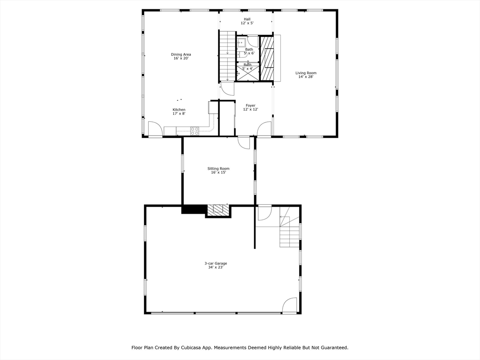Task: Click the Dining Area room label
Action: click(x=181, y=57)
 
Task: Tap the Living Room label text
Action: click(x=306, y=75)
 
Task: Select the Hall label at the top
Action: click(x=247, y=21)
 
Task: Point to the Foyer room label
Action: click(x=250, y=107)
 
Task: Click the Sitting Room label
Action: click(x=218, y=171)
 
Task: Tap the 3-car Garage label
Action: click(x=216, y=265)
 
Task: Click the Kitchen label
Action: click(x=179, y=112)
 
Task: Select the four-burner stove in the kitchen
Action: click(x=195, y=131)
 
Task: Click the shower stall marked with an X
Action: click(x=247, y=73)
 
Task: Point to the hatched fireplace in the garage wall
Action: click(x=218, y=210)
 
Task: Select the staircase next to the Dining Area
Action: click(x=227, y=56)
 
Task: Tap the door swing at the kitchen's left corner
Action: click(x=155, y=129)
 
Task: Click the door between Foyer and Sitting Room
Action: click(x=244, y=142)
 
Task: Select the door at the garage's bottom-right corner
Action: click(x=290, y=305)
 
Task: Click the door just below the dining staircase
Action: click(x=227, y=89)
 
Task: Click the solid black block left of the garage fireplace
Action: click(x=194, y=210)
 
